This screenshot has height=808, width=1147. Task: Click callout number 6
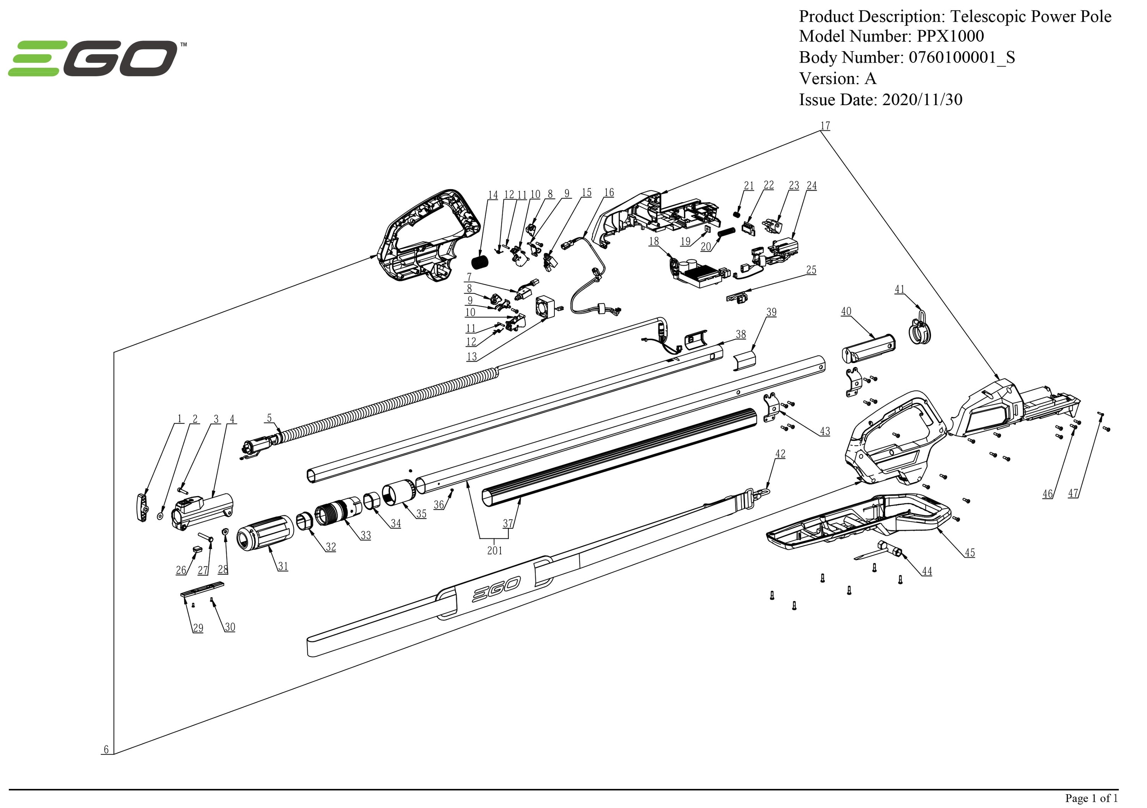(106, 749)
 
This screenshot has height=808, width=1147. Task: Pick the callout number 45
(969, 553)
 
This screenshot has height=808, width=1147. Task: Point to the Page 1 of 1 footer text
(1091, 798)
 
